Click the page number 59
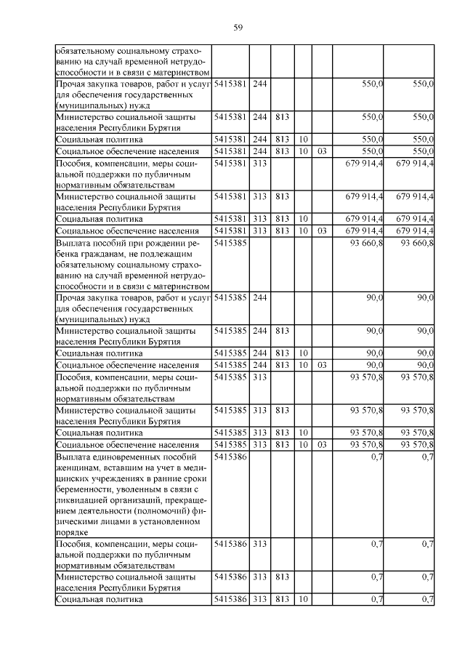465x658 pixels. pos(238,28)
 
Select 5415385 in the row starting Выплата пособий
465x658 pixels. pos(230,242)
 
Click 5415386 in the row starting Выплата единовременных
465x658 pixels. pos(230,457)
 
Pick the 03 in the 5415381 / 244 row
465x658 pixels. pos(322,151)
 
